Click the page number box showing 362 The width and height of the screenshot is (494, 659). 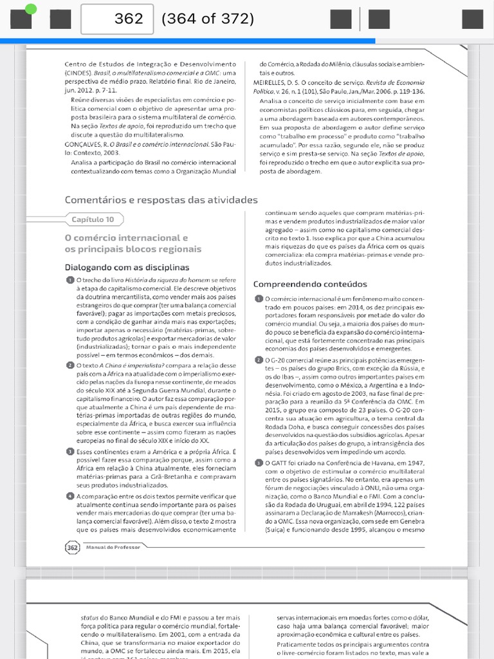tap(117, 19)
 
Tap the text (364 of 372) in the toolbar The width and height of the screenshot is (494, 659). tap(208, 19)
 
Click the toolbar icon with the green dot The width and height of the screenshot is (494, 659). tap(21, 19)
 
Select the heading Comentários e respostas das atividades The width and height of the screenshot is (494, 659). tap(161, 200)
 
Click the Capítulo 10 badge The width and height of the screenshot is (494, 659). tap(93, 219)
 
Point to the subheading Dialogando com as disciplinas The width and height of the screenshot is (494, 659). tap(127, 267)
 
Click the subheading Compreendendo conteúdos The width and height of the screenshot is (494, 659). tap(310, 284)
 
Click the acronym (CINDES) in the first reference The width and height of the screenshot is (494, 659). tap(78, 73)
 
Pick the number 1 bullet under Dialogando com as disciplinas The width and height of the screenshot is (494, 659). tap(69, 280)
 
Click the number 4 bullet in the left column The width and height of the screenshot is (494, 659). tap(69, 496)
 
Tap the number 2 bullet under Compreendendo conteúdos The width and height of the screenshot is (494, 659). tap(258, 359)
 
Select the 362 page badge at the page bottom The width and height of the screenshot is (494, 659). tap(71, 547)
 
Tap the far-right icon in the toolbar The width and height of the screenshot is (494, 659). tap(473, 19)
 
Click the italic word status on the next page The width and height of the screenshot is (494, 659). tap(90, 617)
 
